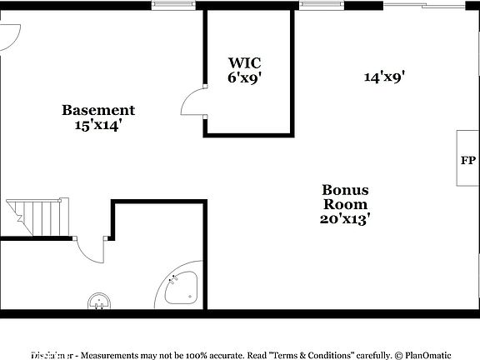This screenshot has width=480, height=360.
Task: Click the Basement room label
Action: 98,110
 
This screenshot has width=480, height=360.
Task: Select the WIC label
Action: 245,62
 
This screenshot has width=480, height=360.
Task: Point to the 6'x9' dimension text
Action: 245,77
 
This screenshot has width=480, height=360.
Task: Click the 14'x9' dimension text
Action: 384,77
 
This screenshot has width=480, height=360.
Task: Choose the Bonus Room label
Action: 345,197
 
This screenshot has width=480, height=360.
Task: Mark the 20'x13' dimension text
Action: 345,219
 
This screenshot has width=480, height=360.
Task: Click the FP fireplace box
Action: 467,158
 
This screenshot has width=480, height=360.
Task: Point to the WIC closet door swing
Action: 193,102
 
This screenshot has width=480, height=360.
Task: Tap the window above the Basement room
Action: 175,5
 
